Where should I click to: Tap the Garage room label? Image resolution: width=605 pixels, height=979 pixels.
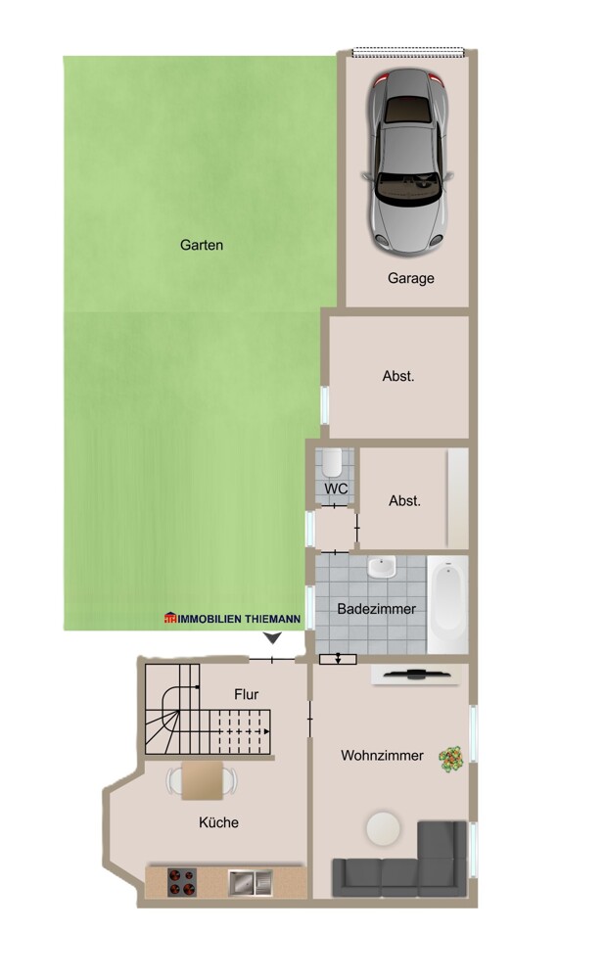411,278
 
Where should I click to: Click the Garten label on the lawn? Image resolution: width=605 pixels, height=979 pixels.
201,245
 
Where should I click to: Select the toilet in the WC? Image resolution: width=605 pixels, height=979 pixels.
332,461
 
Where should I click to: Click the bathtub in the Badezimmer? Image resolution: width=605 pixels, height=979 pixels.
447,603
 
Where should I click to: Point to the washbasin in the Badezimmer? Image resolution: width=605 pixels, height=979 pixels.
382,568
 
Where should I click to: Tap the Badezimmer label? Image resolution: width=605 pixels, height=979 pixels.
377,609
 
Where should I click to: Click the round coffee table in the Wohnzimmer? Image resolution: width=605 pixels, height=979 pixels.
383,828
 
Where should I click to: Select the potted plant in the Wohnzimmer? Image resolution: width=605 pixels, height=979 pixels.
450,759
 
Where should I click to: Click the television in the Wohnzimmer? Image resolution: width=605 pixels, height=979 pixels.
415,674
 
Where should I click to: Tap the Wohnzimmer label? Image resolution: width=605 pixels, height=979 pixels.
382,756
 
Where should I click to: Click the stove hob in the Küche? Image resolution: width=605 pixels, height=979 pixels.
182,882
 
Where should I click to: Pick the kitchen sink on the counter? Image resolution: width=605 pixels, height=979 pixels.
251,882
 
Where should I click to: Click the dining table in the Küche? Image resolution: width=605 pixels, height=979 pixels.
203,780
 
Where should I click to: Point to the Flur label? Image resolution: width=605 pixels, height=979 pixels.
246,694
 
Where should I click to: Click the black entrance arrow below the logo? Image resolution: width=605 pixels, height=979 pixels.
272,638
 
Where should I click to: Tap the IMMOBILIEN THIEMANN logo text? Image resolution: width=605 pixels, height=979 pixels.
232,619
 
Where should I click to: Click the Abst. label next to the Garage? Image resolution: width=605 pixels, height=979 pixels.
398,376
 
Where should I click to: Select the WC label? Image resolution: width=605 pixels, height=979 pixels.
336,489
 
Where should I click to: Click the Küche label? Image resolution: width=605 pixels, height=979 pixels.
218,822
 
